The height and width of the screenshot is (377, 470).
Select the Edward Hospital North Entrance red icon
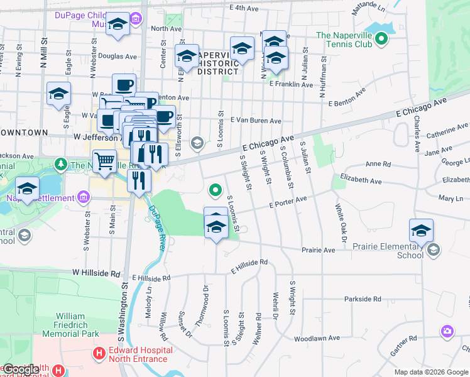click(x=98, y=354)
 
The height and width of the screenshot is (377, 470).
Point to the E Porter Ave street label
click(x=287, y=202)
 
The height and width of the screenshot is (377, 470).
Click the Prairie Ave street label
click(x=318, y=249)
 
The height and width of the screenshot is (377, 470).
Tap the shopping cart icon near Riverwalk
click(x=104, y=160)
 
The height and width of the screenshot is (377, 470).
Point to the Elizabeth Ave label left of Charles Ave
click(x=361, y=181)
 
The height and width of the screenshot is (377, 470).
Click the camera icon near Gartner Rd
click(x=447, y=331)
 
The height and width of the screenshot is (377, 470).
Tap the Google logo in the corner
click(x=21, y=369)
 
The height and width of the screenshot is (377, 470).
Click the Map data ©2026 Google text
click(x=430, y=372)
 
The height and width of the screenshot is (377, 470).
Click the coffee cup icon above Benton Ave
click(x=124, y=85)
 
